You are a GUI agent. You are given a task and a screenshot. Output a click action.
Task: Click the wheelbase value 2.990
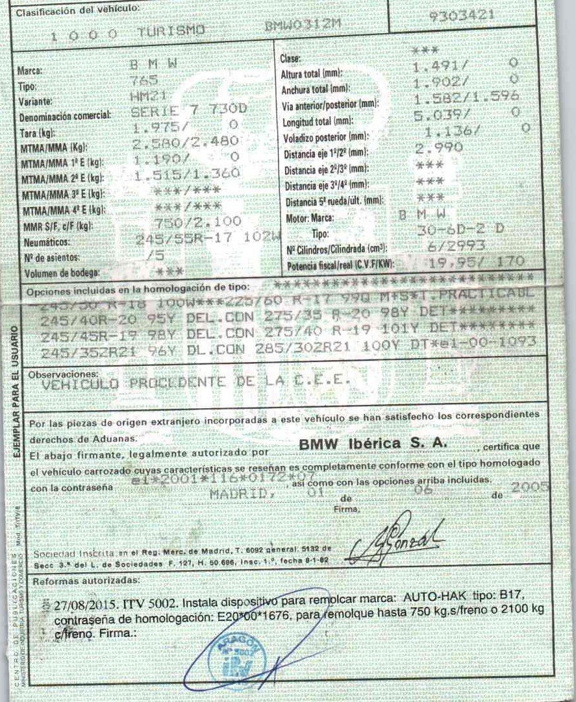click(438, 148)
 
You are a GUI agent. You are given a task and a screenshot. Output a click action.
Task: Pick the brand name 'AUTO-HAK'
click(432, 597)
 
